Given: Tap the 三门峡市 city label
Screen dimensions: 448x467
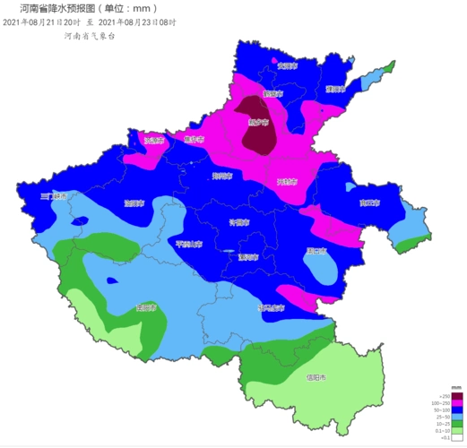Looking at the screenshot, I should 55,195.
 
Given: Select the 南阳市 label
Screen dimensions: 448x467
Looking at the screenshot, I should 147,307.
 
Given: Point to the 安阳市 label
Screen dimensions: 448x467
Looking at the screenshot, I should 287,65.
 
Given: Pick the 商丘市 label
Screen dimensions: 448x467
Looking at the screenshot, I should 369,203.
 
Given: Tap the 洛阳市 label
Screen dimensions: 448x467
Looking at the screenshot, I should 134,202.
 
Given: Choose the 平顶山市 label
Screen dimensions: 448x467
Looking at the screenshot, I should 189,243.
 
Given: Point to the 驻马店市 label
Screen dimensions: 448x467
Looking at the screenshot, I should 272,307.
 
